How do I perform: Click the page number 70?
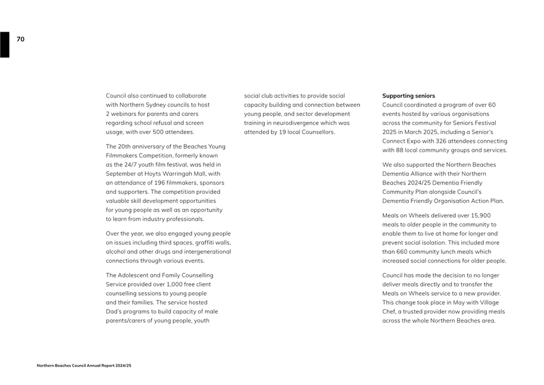point(20,39)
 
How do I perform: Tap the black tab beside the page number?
point(5,45)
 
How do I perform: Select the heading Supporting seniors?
point(408,96)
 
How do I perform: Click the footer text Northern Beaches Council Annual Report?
point(83,365)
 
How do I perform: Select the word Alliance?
point(424,174)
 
